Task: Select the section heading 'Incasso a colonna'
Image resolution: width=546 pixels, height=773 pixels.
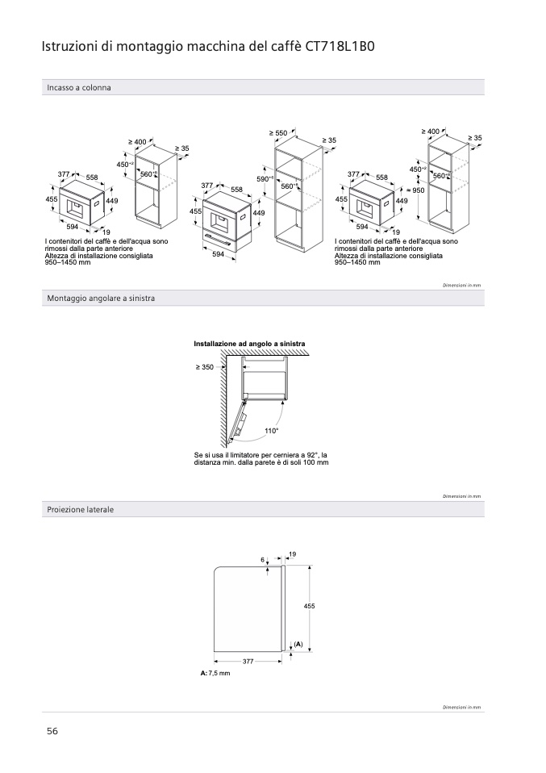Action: pyautogui.click(x=79, y=87)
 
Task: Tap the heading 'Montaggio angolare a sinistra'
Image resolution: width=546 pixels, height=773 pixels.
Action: pyautogui.click(x=101, y=299)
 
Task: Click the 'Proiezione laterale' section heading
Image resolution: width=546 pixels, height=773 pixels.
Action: pyautogui.click(x=80, y=510)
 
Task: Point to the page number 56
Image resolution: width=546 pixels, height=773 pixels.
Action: pyautogui.click(x=52, y=731)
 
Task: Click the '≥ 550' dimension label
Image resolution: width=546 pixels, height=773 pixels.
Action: pyautogui.click(x=277, y=132)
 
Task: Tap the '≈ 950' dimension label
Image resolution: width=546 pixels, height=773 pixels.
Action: pyautogui.click(x=415, y=190)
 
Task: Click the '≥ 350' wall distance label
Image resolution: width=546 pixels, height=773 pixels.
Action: pyautogui.click(x=204, y=367)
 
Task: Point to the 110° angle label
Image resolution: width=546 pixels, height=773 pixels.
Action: pyautogui.click(x=271, y=431)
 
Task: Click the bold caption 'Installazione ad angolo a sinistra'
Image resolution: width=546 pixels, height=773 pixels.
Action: pyautogui.click(x=249, y=344)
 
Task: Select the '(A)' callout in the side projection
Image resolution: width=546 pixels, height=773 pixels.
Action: pyautogui.click(x=298, y=644)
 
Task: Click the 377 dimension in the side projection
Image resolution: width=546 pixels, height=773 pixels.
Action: pyautogui.click(x=248, y=661)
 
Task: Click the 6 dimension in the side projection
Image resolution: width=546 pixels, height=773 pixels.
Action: pyautogui.click(x=262, y=560)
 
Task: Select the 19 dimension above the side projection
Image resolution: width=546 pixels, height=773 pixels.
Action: pyautogui.click(x=292, y=554)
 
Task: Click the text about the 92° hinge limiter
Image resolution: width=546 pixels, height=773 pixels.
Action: pyautogui.click(x=261, y=458)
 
